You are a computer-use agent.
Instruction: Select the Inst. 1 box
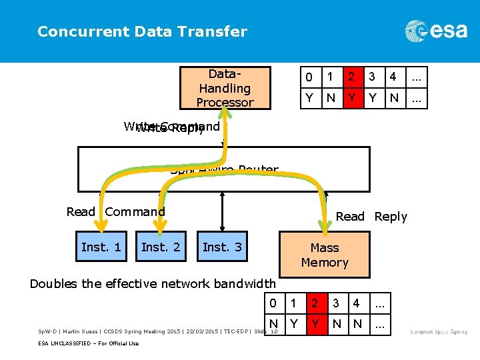(x=101, y=247)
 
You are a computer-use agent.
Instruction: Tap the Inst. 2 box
(x=161, y=247)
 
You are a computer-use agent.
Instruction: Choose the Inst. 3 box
(x=222, y=247)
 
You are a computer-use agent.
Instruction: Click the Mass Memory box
(x=325, y=255)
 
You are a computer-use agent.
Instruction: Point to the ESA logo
(x=436, y=31)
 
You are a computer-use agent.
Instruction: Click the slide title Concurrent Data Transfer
(x=142, y=31)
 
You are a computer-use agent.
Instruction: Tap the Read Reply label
(x=371, y=217)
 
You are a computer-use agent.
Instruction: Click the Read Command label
(x=115, y=212)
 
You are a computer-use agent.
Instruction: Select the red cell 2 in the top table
(x=351, y=77)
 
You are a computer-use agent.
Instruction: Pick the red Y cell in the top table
(x=351, y=98)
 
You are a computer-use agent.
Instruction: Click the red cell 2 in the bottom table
(x=314, y=303)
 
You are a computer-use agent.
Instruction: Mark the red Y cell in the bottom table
(x=314, y=325)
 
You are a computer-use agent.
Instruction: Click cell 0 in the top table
(x=309, y=77)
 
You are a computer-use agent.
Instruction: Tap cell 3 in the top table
(x=373, y=77)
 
